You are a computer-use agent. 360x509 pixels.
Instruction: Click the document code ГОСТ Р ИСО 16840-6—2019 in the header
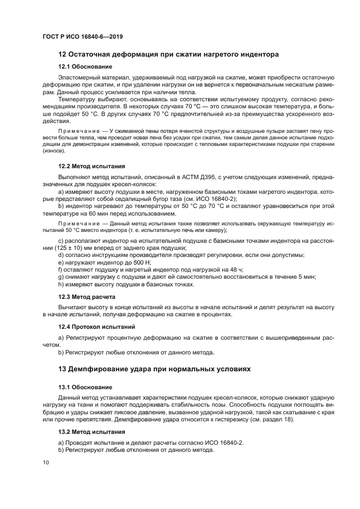[82, 36]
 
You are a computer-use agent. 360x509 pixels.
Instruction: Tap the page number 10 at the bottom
[46, 462]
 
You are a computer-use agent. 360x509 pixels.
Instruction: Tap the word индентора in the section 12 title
[255, 54]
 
